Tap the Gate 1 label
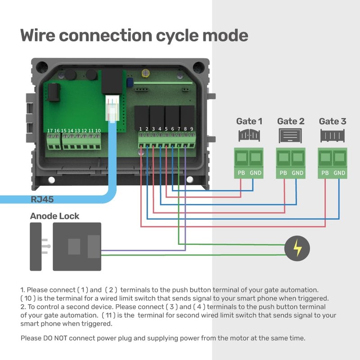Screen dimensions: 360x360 click(249, 121)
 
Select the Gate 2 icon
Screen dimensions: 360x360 click(290, 135)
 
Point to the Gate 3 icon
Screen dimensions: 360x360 click(332, 135)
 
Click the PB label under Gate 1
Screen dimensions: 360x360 click(241, 173)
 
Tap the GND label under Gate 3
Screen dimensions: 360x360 click(340, 173)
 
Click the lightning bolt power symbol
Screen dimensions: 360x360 click(297, 248)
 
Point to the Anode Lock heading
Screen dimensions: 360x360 click(54, 216)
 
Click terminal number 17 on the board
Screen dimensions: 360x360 click(49, 130)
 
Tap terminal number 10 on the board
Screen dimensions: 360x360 click(98, 130)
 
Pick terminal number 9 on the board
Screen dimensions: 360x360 click(192, 129)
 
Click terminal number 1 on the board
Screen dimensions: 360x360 click(141, 129)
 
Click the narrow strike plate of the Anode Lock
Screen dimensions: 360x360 click(36, 246)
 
